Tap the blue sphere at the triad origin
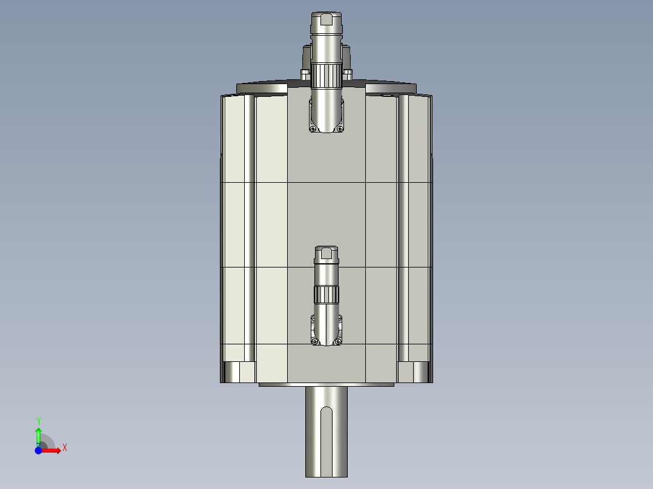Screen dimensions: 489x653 [x=38, y=450]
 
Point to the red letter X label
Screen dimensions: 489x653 [x=64, y=447]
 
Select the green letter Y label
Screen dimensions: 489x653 [x=38, y=420]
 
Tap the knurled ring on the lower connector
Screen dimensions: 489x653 [x=326, y=295]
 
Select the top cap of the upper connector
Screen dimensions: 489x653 [x=326, y=20]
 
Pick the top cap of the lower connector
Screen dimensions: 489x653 [x=326, y=252]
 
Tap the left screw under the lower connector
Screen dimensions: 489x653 [x=314, y=342]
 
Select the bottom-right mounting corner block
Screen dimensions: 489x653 [x=414, y=372]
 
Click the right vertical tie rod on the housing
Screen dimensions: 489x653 [x=403, y=230]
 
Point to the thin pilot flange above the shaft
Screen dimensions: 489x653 [x=326, y=384]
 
